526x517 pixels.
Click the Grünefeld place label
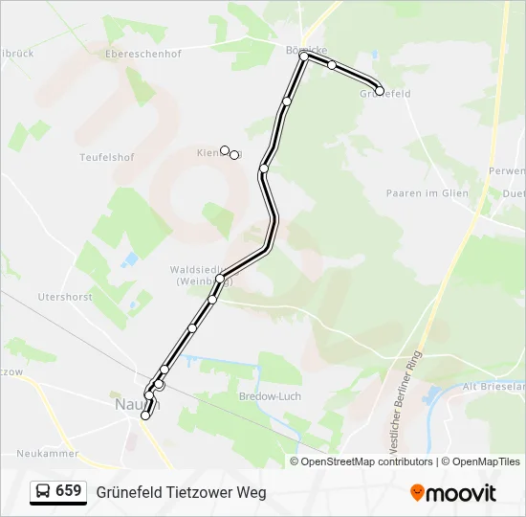385,94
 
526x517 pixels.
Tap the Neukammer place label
48,454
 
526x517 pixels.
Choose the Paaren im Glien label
427,193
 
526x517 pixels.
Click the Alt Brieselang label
493,387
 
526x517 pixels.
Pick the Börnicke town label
306,50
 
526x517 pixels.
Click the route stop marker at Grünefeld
380,91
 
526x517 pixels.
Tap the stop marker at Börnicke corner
304,56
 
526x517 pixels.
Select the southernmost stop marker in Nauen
145,416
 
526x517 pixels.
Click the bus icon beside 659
42,492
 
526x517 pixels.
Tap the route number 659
69,491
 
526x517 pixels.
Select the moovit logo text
461,493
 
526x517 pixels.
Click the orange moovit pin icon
417,493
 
